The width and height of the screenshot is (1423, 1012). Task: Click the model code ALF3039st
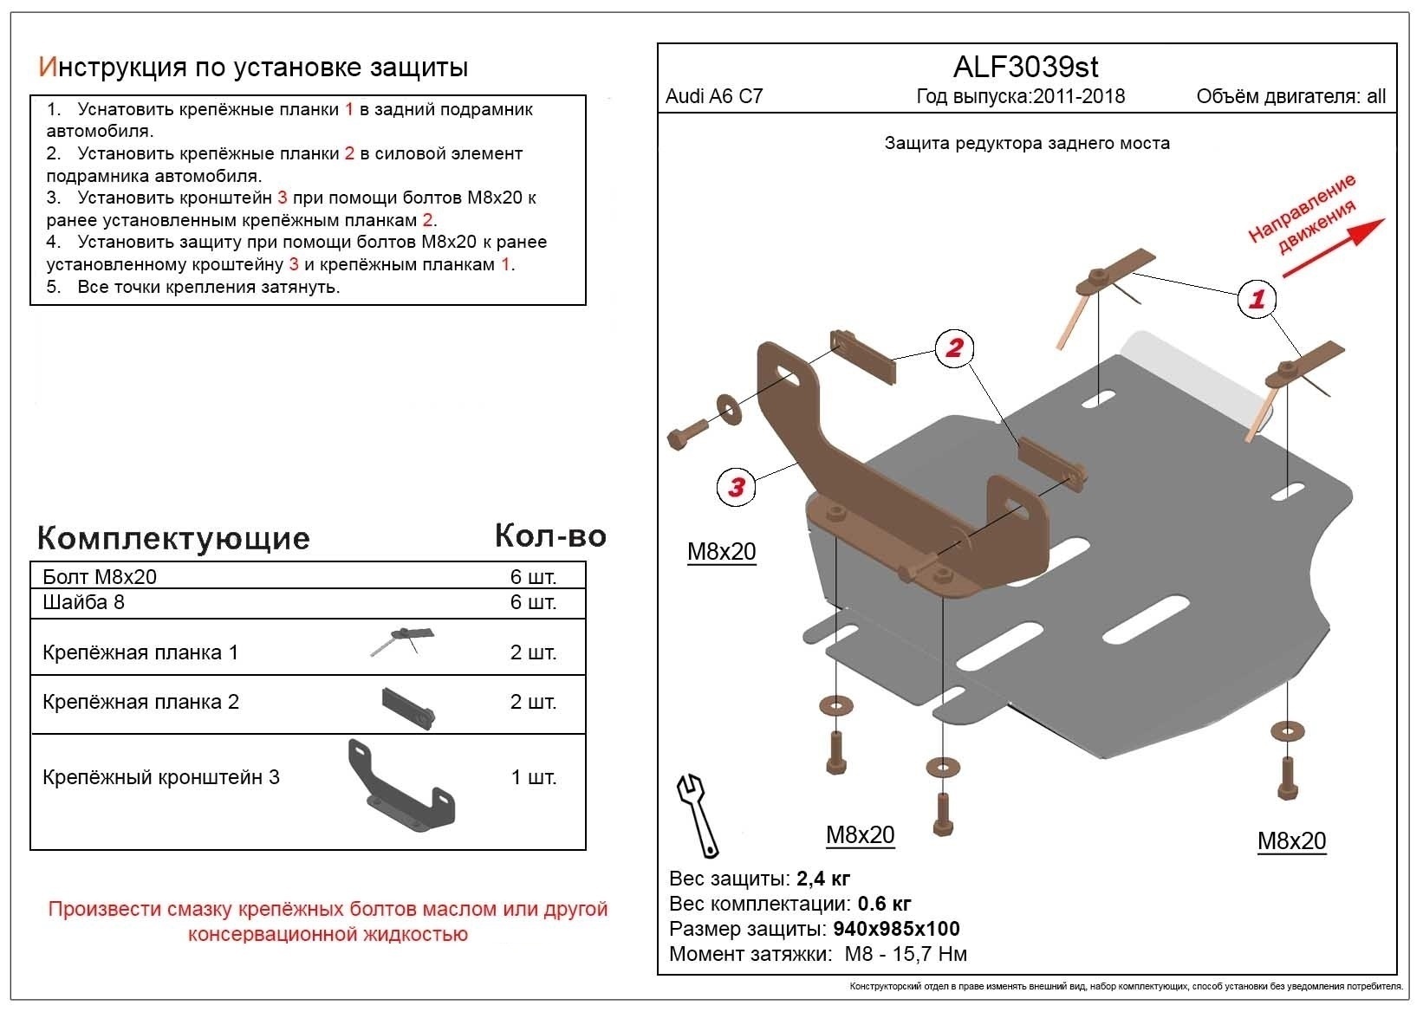pos(1026,67)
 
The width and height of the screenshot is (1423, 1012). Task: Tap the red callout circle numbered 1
pos(1257,299)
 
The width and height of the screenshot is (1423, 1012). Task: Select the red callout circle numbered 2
pos(954,348)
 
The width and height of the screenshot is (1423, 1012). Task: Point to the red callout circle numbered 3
pos(736,487)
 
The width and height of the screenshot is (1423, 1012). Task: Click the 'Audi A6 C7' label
pos(714,96)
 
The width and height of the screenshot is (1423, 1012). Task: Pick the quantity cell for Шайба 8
pos(533,602)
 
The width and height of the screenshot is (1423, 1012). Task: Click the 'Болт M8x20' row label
pos(100,577)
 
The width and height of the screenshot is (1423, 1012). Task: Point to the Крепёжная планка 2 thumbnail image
pos(406,706)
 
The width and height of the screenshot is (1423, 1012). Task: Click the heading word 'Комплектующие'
pos(173,538)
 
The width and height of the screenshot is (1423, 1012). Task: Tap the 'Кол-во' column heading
pos(550,536)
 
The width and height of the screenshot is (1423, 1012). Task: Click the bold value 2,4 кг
pos(822,879)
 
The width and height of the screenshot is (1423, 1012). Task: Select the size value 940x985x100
pos(896,930)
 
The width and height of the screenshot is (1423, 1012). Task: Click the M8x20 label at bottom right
pos(1291,840)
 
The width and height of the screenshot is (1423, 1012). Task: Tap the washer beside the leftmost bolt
pos(728,409)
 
